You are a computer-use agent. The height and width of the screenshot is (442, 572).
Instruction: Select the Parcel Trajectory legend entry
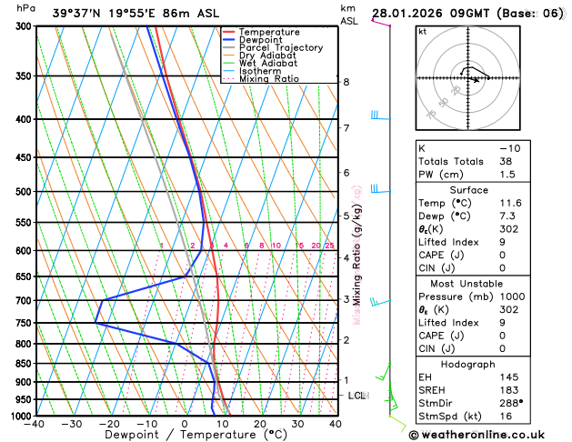(x=280, y=47)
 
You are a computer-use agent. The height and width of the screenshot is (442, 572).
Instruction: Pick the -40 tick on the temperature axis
(x=35, y=424)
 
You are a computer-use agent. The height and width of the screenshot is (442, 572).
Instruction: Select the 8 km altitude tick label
(x=346, y=82)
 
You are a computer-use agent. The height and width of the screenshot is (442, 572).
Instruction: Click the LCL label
(x=356, y=396)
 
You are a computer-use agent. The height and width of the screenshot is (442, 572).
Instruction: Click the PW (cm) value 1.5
(x=504, y=174)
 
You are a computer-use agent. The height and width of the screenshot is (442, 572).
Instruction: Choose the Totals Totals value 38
(x=503, y=160)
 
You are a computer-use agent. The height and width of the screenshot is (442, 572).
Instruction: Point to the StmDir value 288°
(x=506, y=404)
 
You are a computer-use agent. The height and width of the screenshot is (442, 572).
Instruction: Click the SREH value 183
(x=503, y=390)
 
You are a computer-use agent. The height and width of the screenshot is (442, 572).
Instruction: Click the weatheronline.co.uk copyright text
(x=490, y=434)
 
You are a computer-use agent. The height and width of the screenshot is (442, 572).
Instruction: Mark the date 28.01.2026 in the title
(x=406, y=14)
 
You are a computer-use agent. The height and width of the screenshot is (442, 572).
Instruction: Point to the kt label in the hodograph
(x=422, y=31)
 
